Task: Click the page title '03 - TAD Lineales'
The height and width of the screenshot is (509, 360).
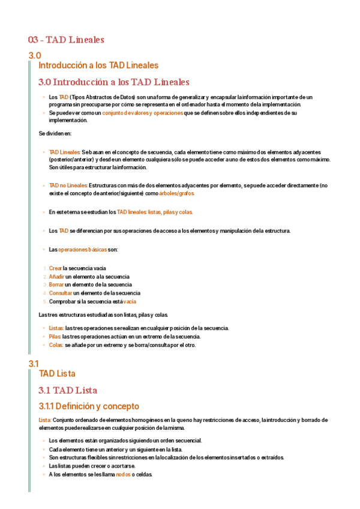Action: (x=66, y=40)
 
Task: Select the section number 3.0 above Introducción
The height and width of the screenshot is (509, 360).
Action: (x=34, y=56)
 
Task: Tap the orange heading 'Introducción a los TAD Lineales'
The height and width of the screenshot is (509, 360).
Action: (x=98, y=65)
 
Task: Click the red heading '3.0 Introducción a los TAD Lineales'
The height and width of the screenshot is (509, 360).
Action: (x=113, y=82)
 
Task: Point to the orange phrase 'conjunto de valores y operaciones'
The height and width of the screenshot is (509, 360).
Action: (x=142, y=113)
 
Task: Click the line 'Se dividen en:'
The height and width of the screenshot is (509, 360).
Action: (x=55, y=133)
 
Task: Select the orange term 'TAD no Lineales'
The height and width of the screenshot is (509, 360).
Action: (x=68, y=185)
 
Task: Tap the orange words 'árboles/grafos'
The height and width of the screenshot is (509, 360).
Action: (x=177, y=193)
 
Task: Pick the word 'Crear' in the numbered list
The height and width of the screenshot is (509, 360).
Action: (x=55, y=268)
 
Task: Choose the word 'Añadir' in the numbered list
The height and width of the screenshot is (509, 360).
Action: (x=56, y=277)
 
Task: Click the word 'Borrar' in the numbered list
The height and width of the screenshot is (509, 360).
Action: (x=56, y=285)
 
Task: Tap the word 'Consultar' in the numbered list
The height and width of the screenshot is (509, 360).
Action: (x=61, y=293)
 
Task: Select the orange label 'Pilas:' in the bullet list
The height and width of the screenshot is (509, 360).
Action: (x=56, y=337)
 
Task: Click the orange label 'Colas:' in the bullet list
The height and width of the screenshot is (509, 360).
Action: (x=56, y=345)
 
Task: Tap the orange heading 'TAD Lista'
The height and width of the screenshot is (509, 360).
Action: (x=56, y=373)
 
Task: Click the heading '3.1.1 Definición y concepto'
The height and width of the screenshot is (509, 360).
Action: (x=88, y=406)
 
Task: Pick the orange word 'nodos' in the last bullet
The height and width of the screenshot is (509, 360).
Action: (x=124, y=474)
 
